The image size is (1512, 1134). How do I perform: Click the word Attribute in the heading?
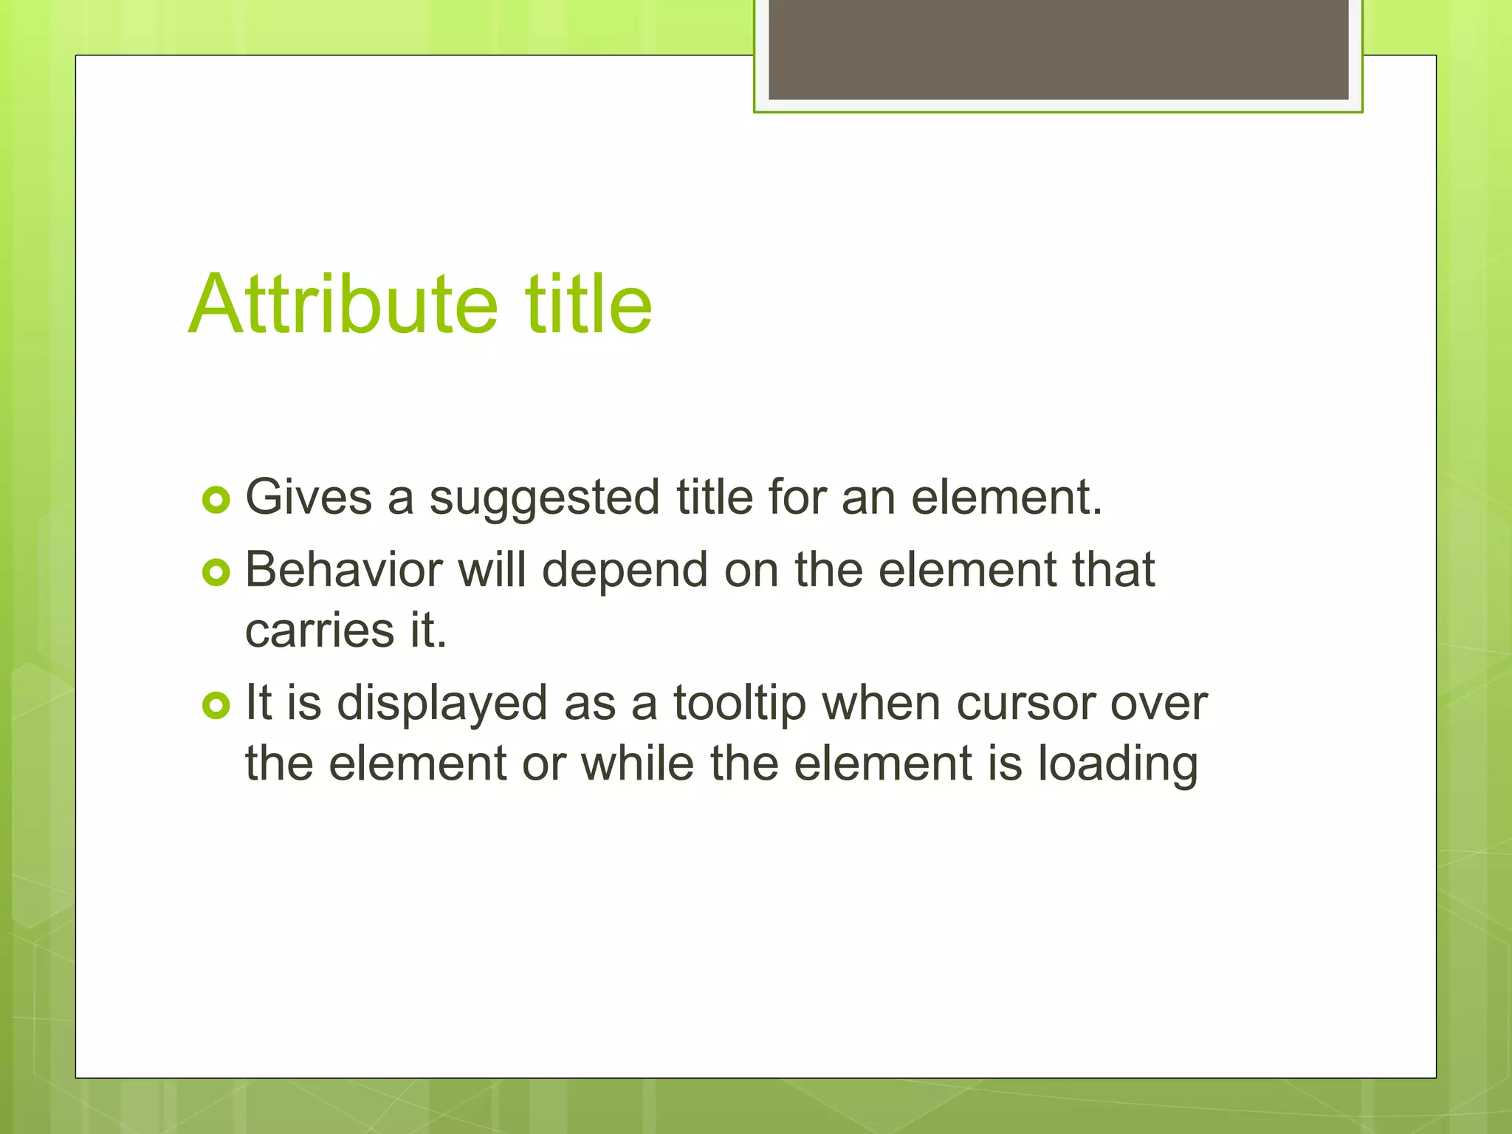343,304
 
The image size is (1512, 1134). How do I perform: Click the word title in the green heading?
588,304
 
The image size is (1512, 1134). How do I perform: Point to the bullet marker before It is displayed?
216,706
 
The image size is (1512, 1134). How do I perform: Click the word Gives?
309,497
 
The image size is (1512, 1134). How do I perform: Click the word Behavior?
343,570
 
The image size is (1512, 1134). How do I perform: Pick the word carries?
320,632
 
